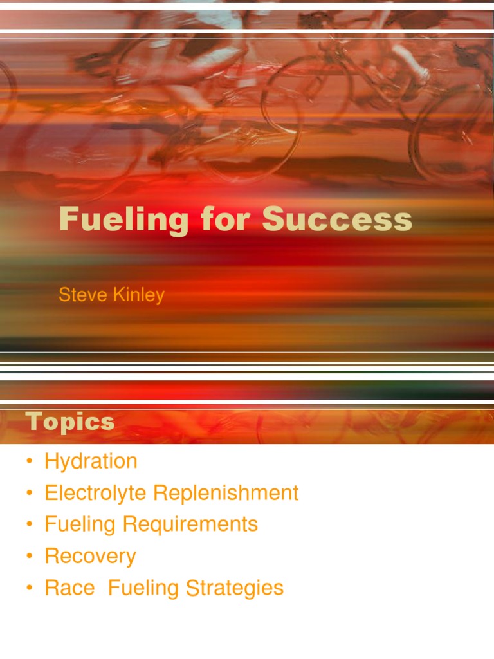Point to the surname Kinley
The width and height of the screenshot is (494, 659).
pyautogui.click(x=140, y=295)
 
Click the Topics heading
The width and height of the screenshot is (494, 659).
pyautogui.click(x=70, y=422)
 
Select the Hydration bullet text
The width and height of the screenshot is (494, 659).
pyautogui.click(x=91, y=461)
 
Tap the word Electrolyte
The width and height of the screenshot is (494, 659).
pyautogui.click(x=96, y=493)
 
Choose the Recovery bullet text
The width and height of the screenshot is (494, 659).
pyautogui.click(x=90, y=556)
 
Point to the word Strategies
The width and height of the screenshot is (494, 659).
pyautogui.click(x=235, y=588)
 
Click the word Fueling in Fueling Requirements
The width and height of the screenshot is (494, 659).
pyautogui.click(x=80, y=524)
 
